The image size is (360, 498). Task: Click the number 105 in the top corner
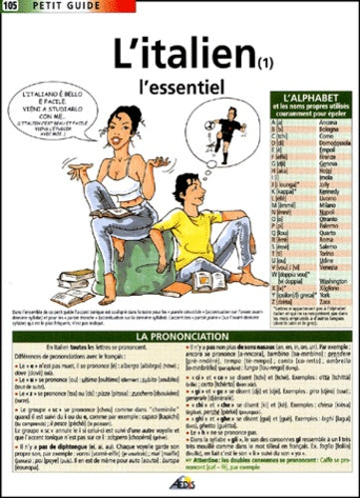point(10,8)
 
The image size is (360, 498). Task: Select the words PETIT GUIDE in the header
point(50,8)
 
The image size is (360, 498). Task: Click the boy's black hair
point(189,184)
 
